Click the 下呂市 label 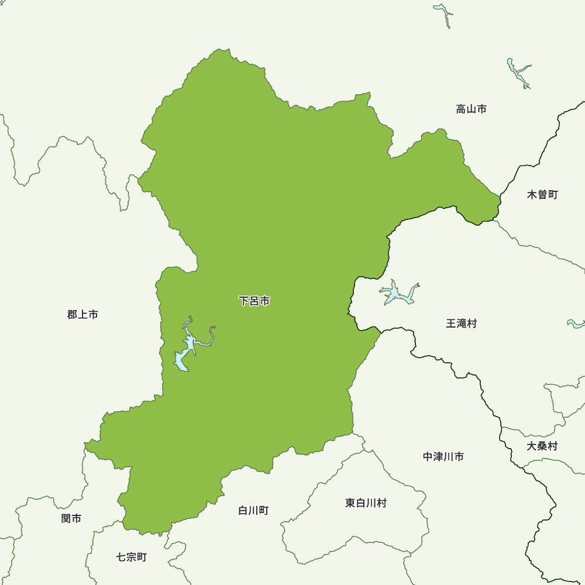coord(254,301)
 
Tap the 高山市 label coord(471,109)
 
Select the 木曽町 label coord(542,194)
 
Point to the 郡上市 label coord(82,315)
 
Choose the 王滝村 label coord(461,323)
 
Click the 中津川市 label coord(443,456)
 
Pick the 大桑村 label coord(542,446)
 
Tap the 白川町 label coord(253,510)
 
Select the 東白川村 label coord(366,503)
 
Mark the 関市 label coord(71,518)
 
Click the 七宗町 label coord(132,557)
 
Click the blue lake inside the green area coord(183,358)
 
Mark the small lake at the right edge coord(577,324)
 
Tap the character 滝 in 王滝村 coord(461,323)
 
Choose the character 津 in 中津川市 coord(438,456)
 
